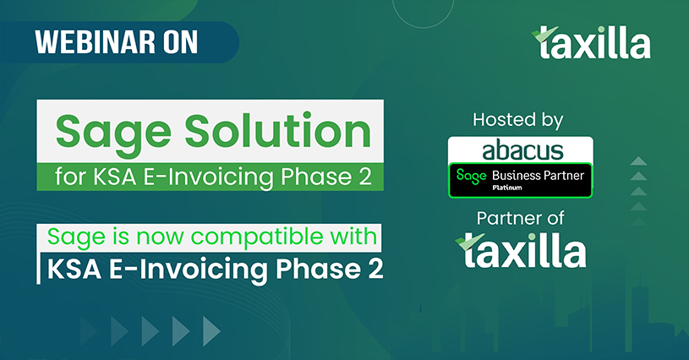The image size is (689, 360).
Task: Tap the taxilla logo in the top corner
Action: coord(591,41)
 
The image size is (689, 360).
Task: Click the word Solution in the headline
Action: coord(278,131)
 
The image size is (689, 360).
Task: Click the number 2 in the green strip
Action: coord(362,177)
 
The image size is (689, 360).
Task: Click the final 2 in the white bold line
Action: coord(375,268)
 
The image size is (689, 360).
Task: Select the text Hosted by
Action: coord(518,120)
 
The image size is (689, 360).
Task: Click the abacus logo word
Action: coord(522,150)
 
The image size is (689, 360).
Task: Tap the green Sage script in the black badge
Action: coord(472,176)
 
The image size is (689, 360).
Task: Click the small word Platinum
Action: coord(507,188)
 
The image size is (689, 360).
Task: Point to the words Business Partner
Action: coord(538,176)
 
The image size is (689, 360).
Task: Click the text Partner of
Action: coord(520,218)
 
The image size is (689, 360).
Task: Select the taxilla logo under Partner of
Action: coord(521,250)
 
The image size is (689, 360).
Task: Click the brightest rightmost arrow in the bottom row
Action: coord(211,331)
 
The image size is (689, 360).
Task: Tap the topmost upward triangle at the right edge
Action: coord(638,161)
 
